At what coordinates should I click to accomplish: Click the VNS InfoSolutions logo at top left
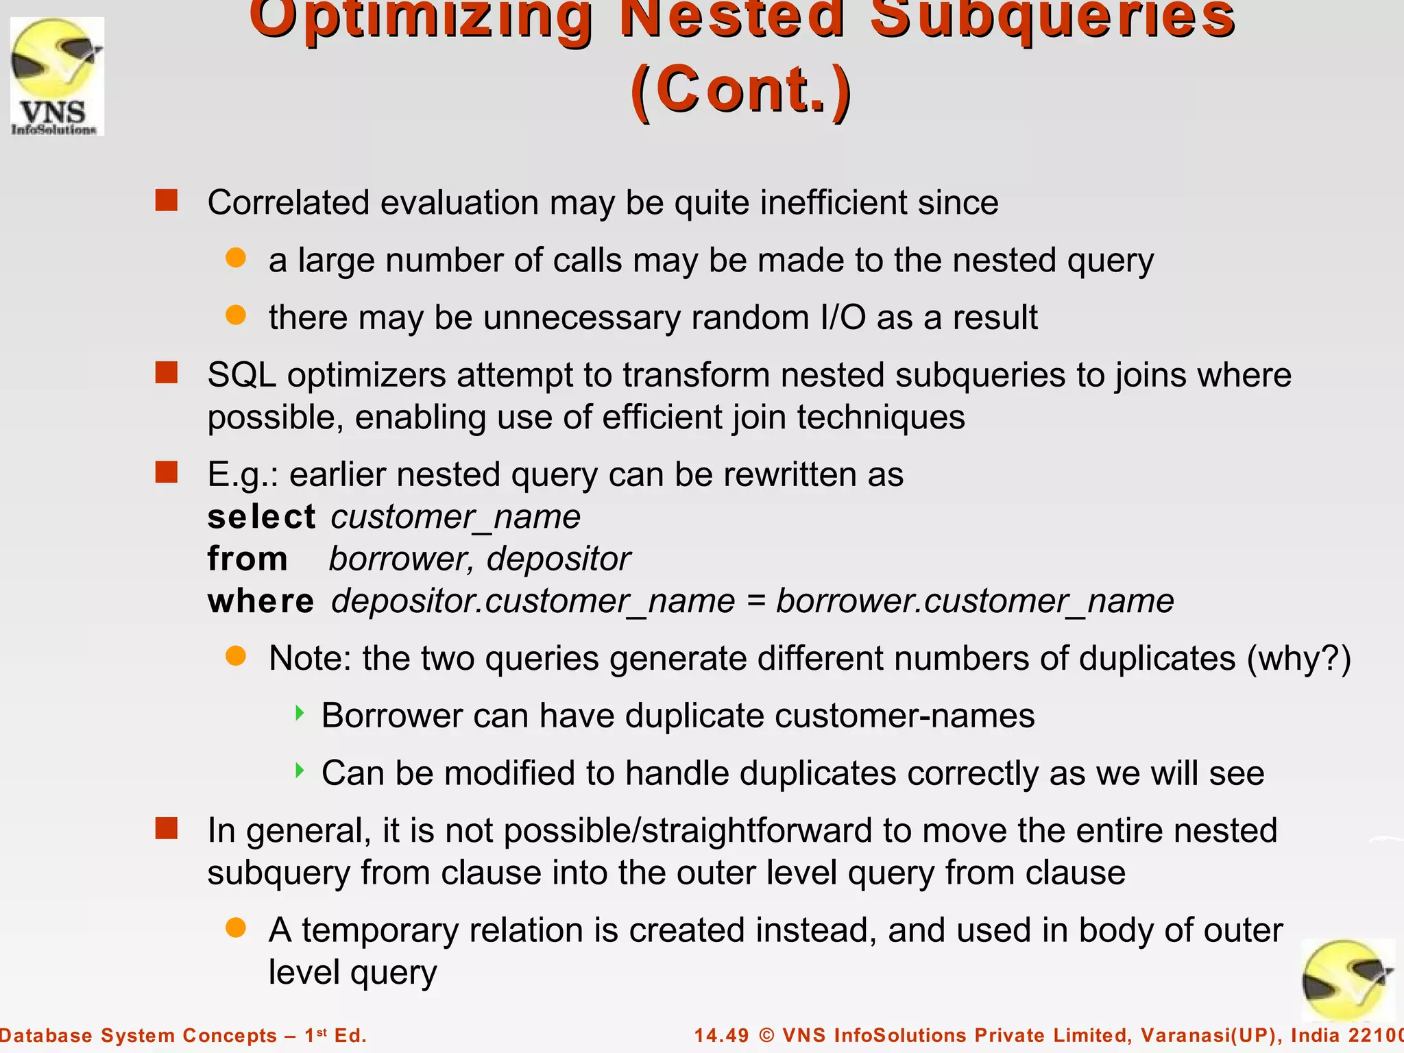tap(57, 76)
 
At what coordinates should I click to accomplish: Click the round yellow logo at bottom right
tap(1346, 981)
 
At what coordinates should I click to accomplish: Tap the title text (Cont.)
tap(741, 90)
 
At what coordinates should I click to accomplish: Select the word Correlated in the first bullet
tap(288, 203)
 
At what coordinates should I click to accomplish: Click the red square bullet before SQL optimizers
tap(167, 373)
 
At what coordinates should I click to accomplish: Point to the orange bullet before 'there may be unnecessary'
tap(236, 315)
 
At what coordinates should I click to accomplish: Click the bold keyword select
tap(261, 517)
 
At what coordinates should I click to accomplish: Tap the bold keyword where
tap(261, 601)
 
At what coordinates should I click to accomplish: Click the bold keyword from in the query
tap(247, 559)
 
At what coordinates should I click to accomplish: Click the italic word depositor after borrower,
tap(558, 559)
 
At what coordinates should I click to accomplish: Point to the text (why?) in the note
tap(1298, 659)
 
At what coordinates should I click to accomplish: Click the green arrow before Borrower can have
tap(300, 714)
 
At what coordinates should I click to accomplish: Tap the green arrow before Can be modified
tap(300, 771)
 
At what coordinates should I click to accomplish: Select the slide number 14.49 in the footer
tap(721, 1035)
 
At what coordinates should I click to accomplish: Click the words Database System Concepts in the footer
tap(137, 1035)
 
